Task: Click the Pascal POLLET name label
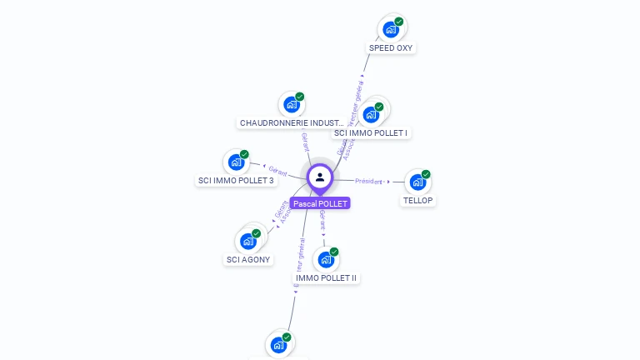[x=320, y=203]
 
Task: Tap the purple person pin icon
[x=320, y=177]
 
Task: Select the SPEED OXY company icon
[x=390, y=29]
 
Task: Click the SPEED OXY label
[x=391, y=47]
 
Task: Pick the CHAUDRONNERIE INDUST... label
[x=291, y=122]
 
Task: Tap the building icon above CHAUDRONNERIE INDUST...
[x=291, y=104]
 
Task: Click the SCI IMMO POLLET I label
[x=371, y=132]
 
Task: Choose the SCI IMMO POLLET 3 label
[x=236, y=180]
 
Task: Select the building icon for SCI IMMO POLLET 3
[x=236, y=162]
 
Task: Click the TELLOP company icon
[x=417, y=182]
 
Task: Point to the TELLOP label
[x=418, y=200]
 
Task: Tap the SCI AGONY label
[x=249, y=259]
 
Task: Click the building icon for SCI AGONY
[x=247, y=241]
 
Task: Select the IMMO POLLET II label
[x=326, y=277]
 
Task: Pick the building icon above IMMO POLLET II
[x=326, y=259]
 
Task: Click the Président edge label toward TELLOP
[x=368, y=181]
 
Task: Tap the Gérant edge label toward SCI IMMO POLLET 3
[x=278, y=170]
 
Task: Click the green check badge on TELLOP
[x=426, y=174]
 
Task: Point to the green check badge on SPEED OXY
[x=399, y=22]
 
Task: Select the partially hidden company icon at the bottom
[x=278, y=344]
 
